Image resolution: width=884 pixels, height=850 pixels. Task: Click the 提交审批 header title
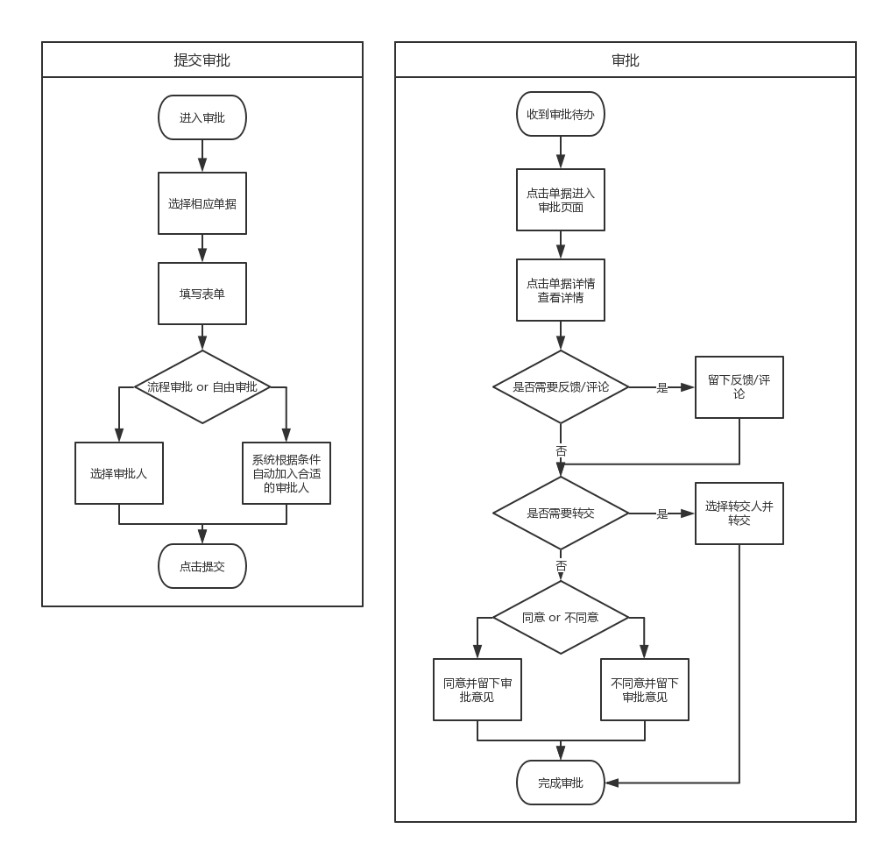click(202, 60)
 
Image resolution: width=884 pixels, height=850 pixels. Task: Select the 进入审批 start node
click(202, 117)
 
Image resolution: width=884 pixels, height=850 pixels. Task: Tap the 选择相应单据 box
click(202, 203)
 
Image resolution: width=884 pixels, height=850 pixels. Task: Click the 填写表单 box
click(202, 294)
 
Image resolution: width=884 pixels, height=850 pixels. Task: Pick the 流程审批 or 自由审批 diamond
click(202, 386)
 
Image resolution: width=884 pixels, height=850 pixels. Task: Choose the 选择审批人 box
click(119, 473)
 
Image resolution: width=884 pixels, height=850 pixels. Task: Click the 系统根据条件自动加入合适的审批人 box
click(286, 473)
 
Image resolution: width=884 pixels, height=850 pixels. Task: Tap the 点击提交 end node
click(202, 566)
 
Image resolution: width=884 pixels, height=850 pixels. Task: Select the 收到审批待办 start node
click(561, 114)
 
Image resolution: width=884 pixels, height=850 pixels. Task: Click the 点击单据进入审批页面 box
click(561, 200)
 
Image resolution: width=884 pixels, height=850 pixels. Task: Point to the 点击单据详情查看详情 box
click(561, 290)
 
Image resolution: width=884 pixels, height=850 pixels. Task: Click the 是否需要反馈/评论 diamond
click(561, 386)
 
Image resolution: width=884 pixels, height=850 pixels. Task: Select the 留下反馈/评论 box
click(739, 387)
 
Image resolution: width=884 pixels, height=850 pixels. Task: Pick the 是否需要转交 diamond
click(561, 514)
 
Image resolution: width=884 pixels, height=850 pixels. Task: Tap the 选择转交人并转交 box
click(739, 514)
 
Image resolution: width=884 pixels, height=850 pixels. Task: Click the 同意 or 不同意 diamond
click(561, 618)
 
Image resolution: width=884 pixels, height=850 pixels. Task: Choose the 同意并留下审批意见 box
click(477, 690)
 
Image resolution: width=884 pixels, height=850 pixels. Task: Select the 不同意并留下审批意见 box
click(645, 690)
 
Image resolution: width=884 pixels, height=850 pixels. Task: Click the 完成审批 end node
click(561, 783)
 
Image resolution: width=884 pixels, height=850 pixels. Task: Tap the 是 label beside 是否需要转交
click(662, 514)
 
